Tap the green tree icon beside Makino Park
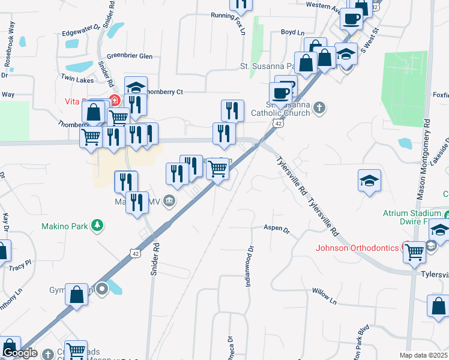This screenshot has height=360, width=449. (x=96, y=226)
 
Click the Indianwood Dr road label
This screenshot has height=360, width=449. (x=251, y=266)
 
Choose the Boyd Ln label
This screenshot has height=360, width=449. (x=293, y=33)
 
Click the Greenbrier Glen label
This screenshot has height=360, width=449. (x=130, y=56)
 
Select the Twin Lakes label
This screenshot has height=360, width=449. (x=77, y=79)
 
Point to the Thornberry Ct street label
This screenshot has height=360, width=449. (x=163, y=92)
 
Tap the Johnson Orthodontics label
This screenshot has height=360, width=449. (x=357, y=248)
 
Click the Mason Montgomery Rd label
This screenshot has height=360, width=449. (x=423, y=158)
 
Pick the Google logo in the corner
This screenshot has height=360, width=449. (x=20, y=353)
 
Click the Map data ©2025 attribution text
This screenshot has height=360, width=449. (x=423, y=355)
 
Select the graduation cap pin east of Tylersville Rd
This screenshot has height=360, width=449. (x=369, y=180)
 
